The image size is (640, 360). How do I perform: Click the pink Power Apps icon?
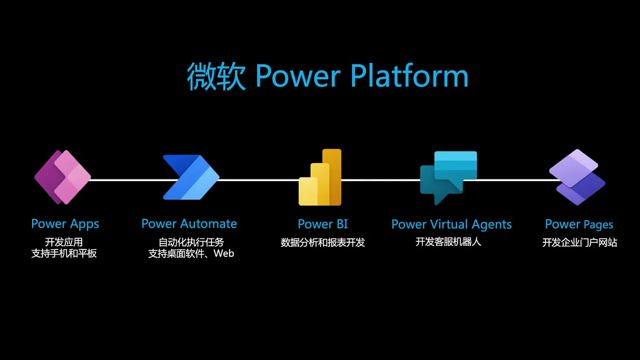[62, 177]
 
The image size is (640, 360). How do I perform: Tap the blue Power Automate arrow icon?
[191, 177]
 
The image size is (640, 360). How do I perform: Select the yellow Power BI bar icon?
[320, 177]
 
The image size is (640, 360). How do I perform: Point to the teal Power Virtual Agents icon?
[448, 177]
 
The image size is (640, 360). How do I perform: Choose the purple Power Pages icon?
[577, 177]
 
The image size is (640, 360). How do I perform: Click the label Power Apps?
[65, 224]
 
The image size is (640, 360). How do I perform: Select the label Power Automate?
[189, 224]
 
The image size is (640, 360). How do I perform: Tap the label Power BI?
[322, 224]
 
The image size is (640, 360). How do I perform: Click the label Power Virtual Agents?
[451, 224]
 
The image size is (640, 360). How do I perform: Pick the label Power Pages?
[579, 224]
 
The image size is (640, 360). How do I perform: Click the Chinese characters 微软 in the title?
[216, 76]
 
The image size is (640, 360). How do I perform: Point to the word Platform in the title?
[409, 76]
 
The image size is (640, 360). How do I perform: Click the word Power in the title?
[298, 76]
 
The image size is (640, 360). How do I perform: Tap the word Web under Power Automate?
[224, 253]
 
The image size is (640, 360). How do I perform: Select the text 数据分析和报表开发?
[322, 242]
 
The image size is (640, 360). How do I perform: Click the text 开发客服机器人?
[448, 242]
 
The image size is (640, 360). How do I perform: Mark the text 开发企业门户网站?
[579, 242]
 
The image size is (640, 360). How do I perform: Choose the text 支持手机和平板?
[64, 253]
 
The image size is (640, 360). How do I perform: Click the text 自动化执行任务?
[191, 242]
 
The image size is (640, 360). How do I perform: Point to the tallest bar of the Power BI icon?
[332, 177]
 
